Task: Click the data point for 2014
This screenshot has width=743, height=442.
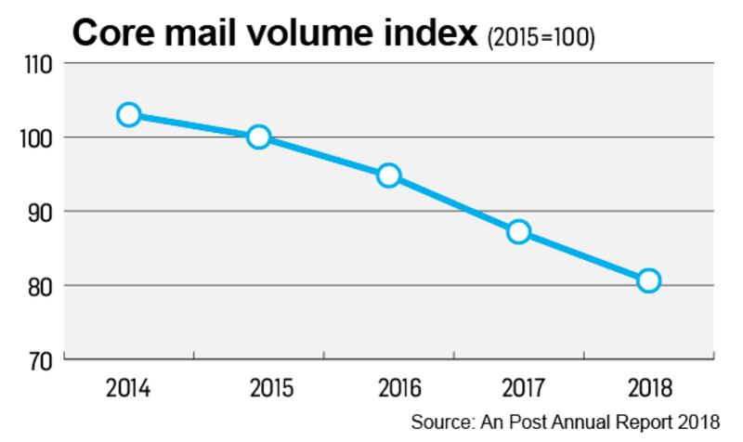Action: click(x=129, y=115)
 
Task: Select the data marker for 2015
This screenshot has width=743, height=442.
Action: click(x=259, y=137)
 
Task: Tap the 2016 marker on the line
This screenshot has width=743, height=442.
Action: click(x=389, y=175)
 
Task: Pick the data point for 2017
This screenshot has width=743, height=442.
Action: click(x=519, y=231)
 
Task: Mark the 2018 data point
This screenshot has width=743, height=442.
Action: click(x=649, y=280)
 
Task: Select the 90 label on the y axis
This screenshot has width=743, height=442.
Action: click(x=38, y=212)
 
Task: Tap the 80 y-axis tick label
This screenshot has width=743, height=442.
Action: click(x=38, y=285)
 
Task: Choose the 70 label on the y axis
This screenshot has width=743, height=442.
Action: click(x=38, y=359)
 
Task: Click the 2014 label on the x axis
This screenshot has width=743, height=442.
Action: click(x=129, y=387)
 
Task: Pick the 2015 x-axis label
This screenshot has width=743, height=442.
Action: click(x=259, y=387)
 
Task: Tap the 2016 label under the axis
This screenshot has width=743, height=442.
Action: click(x=389, y=387)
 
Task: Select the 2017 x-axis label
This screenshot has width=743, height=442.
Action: click(x=519, y=387)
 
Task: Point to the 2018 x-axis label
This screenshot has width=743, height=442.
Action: click(x=649, y=387)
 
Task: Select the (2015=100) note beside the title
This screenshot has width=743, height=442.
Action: click(x=541, y=37)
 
